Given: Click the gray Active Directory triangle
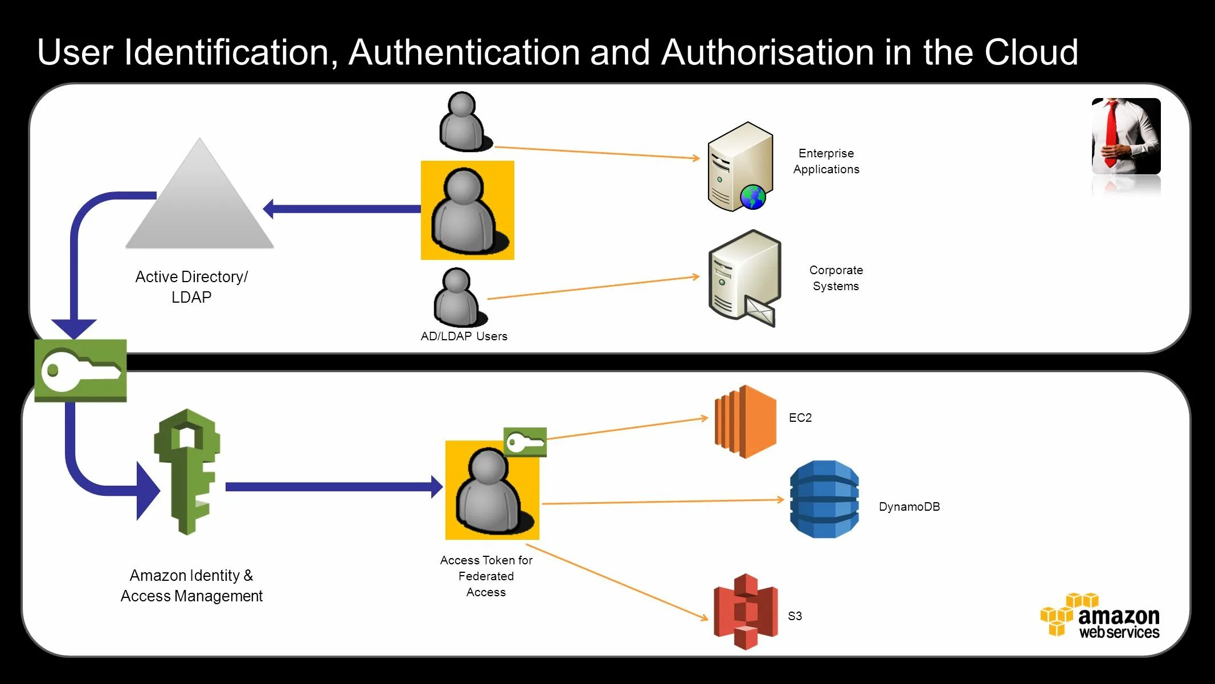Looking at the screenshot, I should point(199,205).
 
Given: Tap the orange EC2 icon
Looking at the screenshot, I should point(745,422).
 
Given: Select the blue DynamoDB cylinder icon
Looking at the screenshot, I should point(824,499).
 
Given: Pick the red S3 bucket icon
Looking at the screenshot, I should point(745,612).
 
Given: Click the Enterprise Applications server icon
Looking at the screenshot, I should point(739,165).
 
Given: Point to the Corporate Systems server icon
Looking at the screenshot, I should point(743,276).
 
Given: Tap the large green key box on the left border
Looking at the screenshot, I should point(80,370).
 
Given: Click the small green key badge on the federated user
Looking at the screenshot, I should point(525,442).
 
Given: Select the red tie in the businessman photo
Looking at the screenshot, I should point(1111,134).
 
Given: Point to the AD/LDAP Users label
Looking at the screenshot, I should point(464,336).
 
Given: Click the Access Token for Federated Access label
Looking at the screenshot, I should point(486,576).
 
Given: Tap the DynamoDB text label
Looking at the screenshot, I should point(909,507).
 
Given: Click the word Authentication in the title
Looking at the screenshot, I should point(465,52).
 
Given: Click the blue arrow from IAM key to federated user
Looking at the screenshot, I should point(333,487).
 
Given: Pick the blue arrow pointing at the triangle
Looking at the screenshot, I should point(342,209).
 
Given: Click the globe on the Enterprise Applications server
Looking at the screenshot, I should point(753,197).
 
